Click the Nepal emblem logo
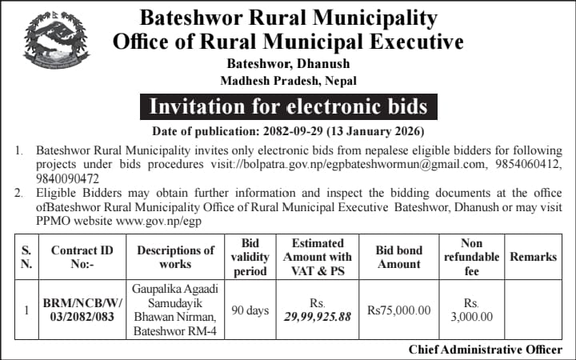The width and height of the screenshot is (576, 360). click(x=56, y=42)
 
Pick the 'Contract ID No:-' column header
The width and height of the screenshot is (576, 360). click(x=82, y=257)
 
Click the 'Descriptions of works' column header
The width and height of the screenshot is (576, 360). click(x=175, y=257)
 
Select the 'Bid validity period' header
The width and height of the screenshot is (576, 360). click(x=250, y=257)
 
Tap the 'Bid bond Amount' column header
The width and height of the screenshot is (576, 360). click(x=398, y=257)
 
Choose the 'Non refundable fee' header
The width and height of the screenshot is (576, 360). click(x=472, y=257)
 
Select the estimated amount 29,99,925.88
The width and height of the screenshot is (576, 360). click(x=318, y=317)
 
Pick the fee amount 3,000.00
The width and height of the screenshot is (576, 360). click(x=472, y=317)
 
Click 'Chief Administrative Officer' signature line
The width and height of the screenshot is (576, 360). click(x=486, y=350)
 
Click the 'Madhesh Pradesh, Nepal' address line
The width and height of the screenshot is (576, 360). click(x=288, y=80)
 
